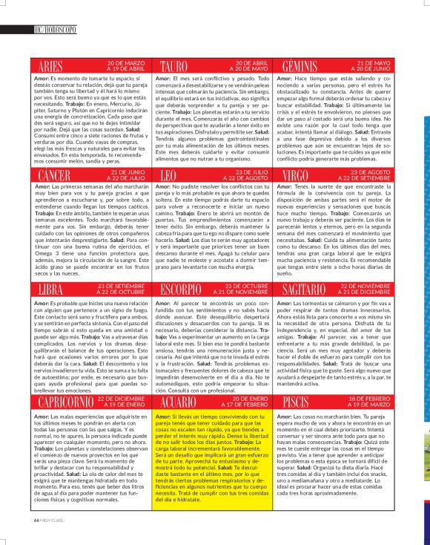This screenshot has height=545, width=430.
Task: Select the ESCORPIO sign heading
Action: (x=186, y=289)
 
